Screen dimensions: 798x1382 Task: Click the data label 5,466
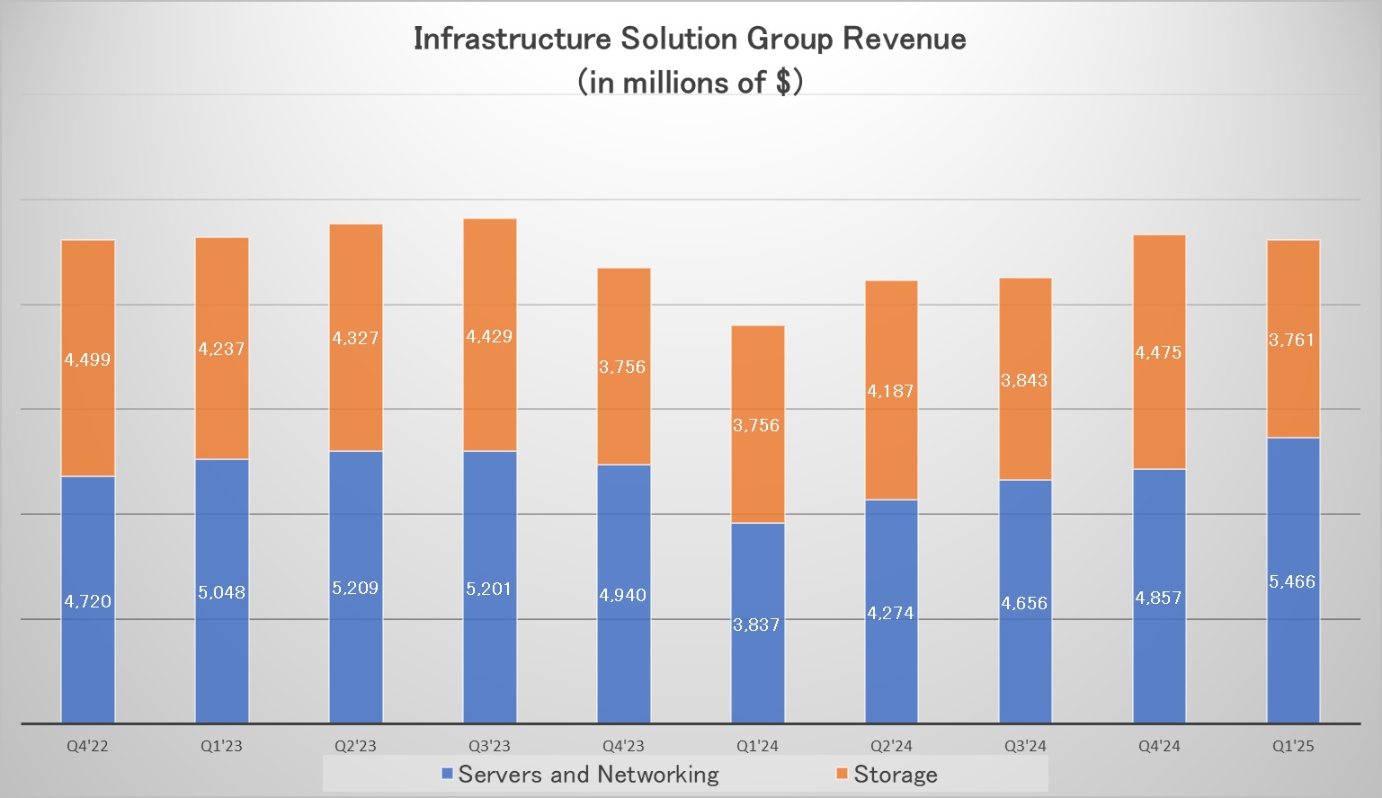[x=1292, y=582]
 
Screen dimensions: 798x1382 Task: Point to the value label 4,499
[x=87, y=359]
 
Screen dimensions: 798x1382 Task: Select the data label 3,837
[x=756, y=625]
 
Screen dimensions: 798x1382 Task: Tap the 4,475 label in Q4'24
[x=1158, y=352]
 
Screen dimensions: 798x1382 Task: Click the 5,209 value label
[x=355, y=588]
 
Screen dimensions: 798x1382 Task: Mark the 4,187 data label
[x=890, y=391]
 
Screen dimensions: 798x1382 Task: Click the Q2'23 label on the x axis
[x=355, y=746]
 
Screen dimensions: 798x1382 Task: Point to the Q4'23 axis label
[x=623, y=746]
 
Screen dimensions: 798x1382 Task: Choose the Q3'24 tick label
[x=1025, y=746]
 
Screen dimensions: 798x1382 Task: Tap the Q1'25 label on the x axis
[x=1293, y=746]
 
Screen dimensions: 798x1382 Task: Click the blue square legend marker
[x=447, y=774]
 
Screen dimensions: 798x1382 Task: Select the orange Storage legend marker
[x=843, y=774]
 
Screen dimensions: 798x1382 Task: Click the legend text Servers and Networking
[x=588, y=774]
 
